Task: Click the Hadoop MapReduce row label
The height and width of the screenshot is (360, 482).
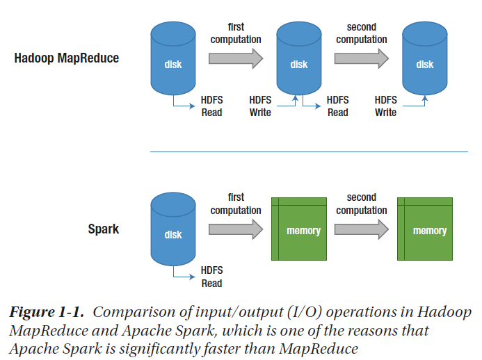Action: click(67, 58)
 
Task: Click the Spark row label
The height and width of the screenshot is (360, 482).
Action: click(103, 229)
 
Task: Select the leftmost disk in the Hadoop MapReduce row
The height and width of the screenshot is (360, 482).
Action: click(172, 59)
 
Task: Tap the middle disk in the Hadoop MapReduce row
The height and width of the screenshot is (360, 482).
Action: click(298, 59)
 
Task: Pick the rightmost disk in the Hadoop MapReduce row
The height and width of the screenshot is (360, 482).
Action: click(424, 59)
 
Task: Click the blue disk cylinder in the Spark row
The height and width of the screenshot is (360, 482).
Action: click(172, 230)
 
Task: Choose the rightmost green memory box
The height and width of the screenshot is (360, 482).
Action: click(425, 230)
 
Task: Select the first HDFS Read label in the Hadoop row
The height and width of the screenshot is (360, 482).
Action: click(211, 106)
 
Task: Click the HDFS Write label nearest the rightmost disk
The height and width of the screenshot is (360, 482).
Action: click(385, 106)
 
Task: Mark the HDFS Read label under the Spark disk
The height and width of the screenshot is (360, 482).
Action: click(211, 277)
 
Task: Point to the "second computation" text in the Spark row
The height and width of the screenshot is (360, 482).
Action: click(361, 204)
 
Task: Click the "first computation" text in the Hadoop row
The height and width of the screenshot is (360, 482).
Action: click(236, 33)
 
